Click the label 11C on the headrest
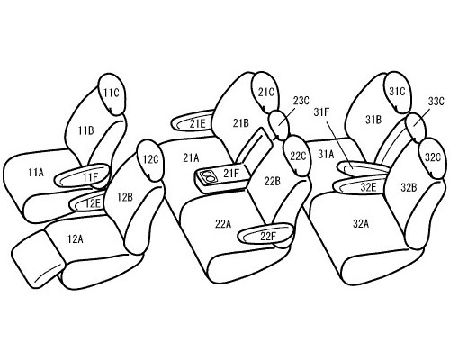click(x=112, y=94)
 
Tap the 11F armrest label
click(x=91, y=177)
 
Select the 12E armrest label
click(x=93, y=203)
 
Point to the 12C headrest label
click(x=150, y=159)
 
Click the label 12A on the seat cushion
click(x=76, y=239)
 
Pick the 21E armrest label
click(x=198, y=123)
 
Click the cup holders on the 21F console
click(x=207, y=176)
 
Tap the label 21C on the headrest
click(x=266, y=93)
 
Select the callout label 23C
click(x=301, y=101)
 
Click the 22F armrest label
click(x=268, y=237)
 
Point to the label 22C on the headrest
click(x=298, y=156)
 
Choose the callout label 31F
click(x=321, y=112)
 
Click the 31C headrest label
click(x=397, y=92)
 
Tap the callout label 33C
click(x=436, y=102)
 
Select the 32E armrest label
click(x=368, y=187)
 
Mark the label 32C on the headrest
click(x=433, y=157)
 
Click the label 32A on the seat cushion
click(x=361, y=223)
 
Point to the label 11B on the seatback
click(x=86, y=130)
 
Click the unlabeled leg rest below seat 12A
click(x=38, y=259)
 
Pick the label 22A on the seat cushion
click(x=223, y=223)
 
